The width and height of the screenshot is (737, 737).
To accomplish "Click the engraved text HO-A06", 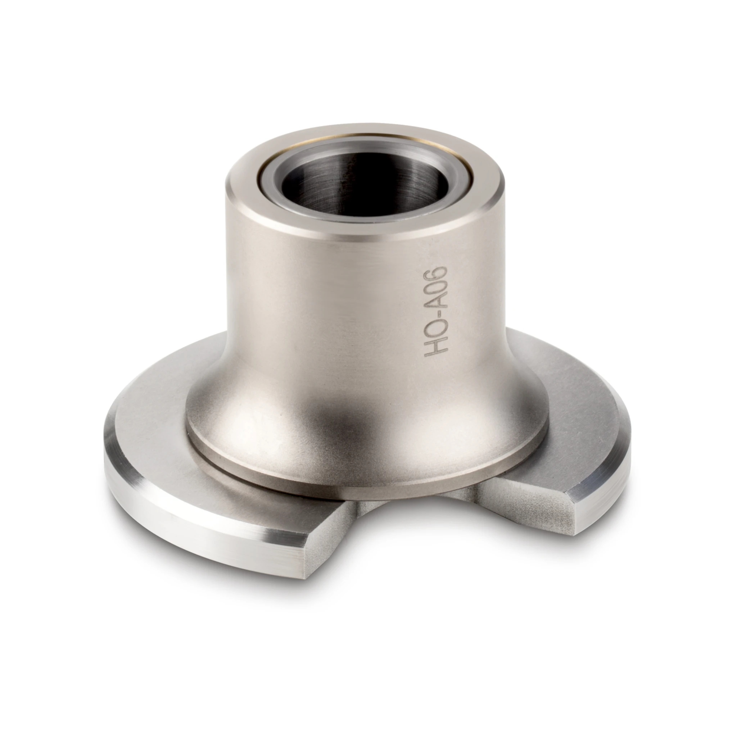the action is (x=435, y=311).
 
